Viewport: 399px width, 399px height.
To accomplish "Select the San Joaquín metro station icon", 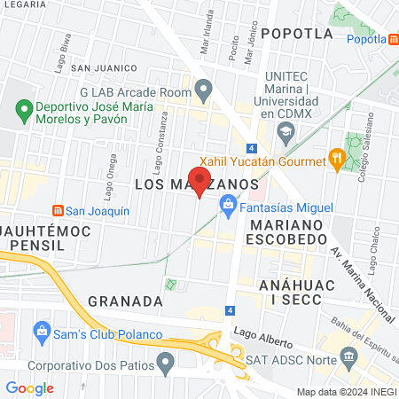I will point(58,211).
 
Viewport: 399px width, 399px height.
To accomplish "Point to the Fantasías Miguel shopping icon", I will point(228,207).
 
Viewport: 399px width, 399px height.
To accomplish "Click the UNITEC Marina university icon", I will point(286,135).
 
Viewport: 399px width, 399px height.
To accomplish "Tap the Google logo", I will point(29,387).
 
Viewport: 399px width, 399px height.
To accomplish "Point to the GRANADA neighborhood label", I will point(125,301).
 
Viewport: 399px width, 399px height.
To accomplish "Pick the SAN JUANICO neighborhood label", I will point(105,67).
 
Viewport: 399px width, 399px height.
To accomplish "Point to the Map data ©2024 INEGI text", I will point(345,391).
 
